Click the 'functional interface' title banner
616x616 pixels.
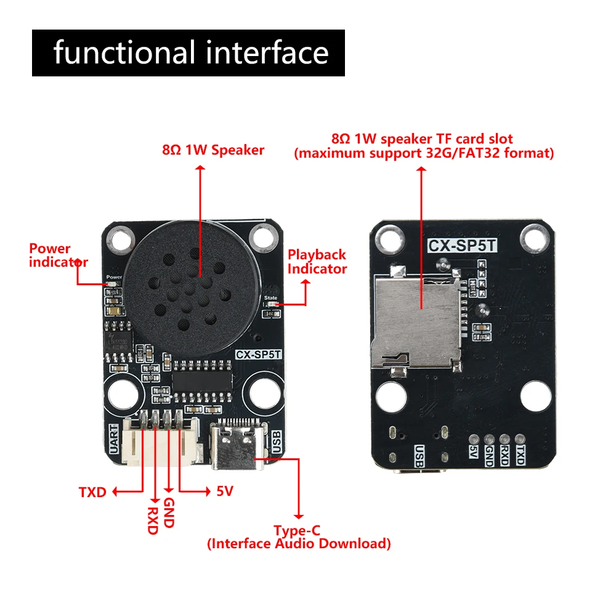click(188, 52)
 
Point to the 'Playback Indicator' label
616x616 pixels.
click(317, 261)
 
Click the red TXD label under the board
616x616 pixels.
click(92, 492)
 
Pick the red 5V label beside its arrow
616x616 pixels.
click(224, 492)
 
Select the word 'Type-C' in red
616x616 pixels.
click(298, 530)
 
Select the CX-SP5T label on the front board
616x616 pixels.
click(259, 354)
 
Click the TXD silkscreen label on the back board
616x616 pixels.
click(521, 456)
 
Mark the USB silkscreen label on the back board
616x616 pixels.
click(419, 456)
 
